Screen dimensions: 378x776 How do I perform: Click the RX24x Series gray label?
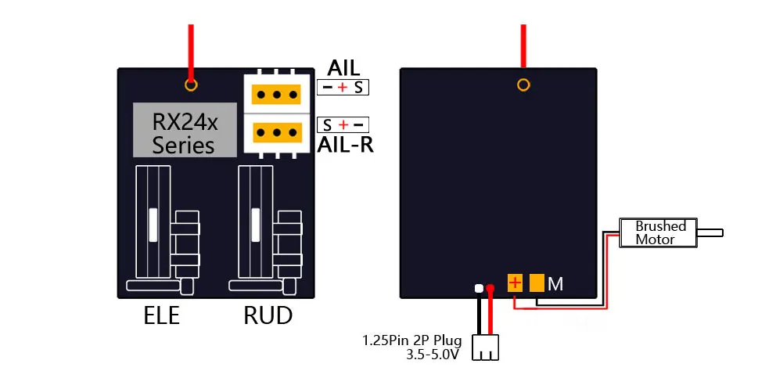185,130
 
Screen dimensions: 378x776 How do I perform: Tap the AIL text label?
343,69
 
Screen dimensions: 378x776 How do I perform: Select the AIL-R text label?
344,144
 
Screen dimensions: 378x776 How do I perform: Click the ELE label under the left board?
162,315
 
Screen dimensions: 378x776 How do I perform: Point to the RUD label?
268,315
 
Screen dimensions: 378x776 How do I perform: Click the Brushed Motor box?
659,232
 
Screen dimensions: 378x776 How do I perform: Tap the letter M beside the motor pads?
555,284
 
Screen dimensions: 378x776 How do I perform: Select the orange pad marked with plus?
515,283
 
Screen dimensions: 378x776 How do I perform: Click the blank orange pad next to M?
537,283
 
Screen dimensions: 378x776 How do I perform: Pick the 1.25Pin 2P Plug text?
411,341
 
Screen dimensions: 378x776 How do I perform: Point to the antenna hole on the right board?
523,85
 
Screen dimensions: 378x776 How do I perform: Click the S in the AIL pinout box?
358,88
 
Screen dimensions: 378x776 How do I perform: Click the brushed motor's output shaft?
710,232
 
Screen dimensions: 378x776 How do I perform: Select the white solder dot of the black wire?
478,289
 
